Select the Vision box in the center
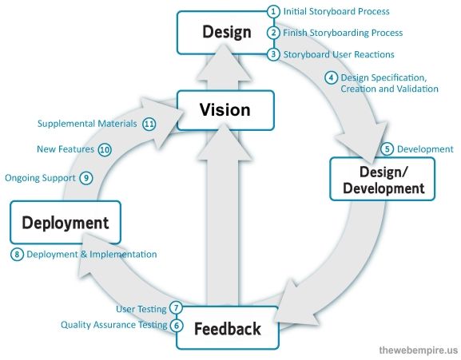225,110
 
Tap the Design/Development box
382,179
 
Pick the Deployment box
65,222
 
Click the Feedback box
227,328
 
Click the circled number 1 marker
273,12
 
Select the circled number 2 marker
273,33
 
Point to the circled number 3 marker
273,54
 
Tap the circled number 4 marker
331,77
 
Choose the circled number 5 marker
387,148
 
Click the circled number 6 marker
177,325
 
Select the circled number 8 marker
17,254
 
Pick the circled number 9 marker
86,178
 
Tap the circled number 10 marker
105,149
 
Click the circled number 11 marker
149,124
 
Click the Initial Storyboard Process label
336,12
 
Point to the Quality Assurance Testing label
113,325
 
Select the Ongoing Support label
40,178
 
